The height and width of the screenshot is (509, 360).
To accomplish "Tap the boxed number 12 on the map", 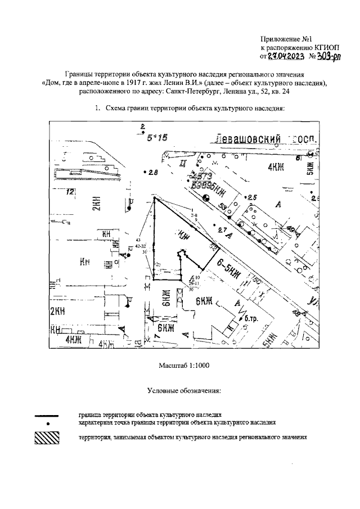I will coord(70,192).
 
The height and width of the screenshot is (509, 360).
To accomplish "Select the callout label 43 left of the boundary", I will coord(137,240).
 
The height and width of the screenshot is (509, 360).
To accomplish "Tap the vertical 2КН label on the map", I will coord(97,204).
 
